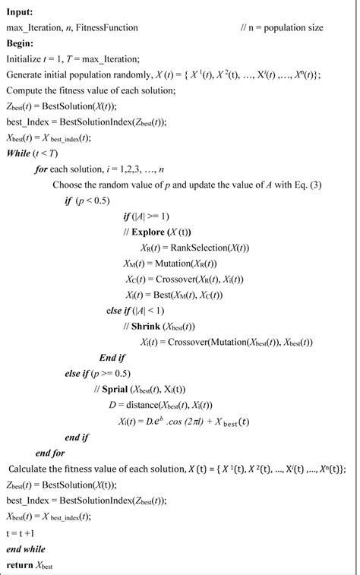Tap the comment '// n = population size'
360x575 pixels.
pyautogui.click(x=282, y=28)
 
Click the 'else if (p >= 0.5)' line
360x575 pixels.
pyautogui.click(x=99, y=373)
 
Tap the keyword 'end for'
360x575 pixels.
pyautogui.click(x=49, y=453)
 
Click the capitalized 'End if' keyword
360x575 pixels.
pyautogui.click(x=112, y=357)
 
